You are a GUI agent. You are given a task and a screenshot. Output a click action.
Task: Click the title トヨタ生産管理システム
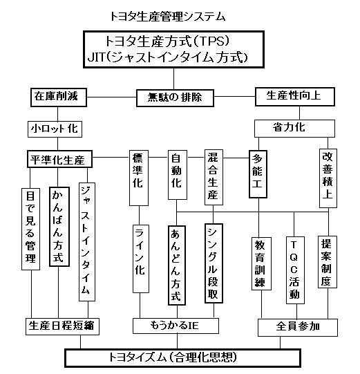click(168, 17)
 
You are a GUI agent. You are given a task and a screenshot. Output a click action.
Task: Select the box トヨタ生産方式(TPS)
click(173, 49)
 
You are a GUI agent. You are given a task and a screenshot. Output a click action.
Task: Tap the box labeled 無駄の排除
click(175, 97)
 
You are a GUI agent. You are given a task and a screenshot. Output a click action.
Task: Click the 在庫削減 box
click(59, 97)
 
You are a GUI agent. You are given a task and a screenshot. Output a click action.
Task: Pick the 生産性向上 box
click(295, 97)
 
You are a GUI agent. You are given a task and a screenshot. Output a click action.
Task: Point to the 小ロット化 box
click(55, 129)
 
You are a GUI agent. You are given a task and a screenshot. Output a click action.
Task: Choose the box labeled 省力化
click(294, 129)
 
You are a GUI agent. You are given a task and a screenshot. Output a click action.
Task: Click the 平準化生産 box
click(59, 159)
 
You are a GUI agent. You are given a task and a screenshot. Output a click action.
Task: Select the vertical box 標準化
click(139, 178)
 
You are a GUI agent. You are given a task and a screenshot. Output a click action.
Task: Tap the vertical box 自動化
click(178, 175)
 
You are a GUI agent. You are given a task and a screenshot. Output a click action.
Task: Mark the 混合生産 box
click(214, 177)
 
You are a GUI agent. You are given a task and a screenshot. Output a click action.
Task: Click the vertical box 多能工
click(258, 174)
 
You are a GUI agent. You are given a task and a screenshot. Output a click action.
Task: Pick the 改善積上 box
click(328, 178)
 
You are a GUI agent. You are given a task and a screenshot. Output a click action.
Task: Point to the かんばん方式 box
click(59, 227)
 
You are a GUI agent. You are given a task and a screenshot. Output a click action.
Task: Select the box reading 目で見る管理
click(31, 229)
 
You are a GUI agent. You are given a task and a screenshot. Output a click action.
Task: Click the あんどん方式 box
click(177, 265)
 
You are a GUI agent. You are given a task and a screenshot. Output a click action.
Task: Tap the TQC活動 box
click(295, 270)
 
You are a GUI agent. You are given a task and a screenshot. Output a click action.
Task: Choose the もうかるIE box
click(176, 326)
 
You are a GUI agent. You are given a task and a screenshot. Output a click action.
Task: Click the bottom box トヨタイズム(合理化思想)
click(182, 358)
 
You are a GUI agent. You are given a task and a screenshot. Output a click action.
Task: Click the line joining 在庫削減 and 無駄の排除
click(111, 97)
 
